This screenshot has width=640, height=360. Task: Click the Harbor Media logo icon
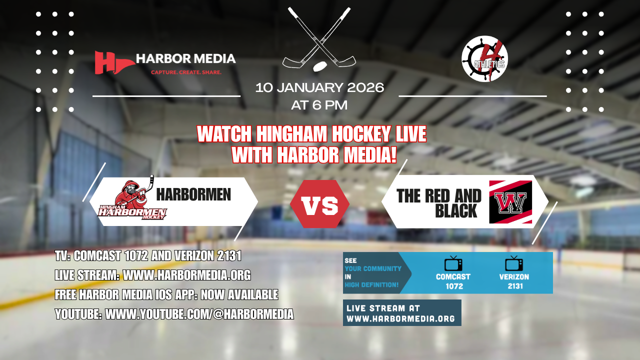click(x=114, y=62)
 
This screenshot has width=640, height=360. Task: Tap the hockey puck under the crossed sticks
click(x=319, y=66)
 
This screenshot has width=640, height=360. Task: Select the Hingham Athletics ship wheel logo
click(x=484, y=59)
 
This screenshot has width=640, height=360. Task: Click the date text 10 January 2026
click(x=319, y=88)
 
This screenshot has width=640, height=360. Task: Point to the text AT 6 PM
click(x=319, y=105)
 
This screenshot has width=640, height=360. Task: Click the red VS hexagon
click(x=319, y=204)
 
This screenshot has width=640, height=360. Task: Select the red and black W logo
click(x=510, y=201)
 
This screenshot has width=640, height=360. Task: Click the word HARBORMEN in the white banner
click(x=193, y=194)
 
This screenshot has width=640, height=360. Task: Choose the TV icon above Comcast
click(x=453, y=263)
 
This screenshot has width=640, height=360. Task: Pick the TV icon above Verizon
click(x=513, y=263)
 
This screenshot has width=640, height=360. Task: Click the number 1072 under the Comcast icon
click(x=454, y=286)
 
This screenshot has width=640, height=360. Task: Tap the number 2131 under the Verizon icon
click(x=514, y=286)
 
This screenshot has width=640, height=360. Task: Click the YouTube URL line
click(x=174, y=314)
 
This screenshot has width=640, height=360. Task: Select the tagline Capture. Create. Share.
click(x=186, y=72)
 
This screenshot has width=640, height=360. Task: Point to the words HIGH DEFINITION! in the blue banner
click(x=371, y=285)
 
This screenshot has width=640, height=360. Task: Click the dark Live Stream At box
click(x=402, y=313)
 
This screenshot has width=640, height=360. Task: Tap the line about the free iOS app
click(x=166, y=295)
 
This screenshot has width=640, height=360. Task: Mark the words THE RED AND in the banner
click(x=438, y=195)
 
